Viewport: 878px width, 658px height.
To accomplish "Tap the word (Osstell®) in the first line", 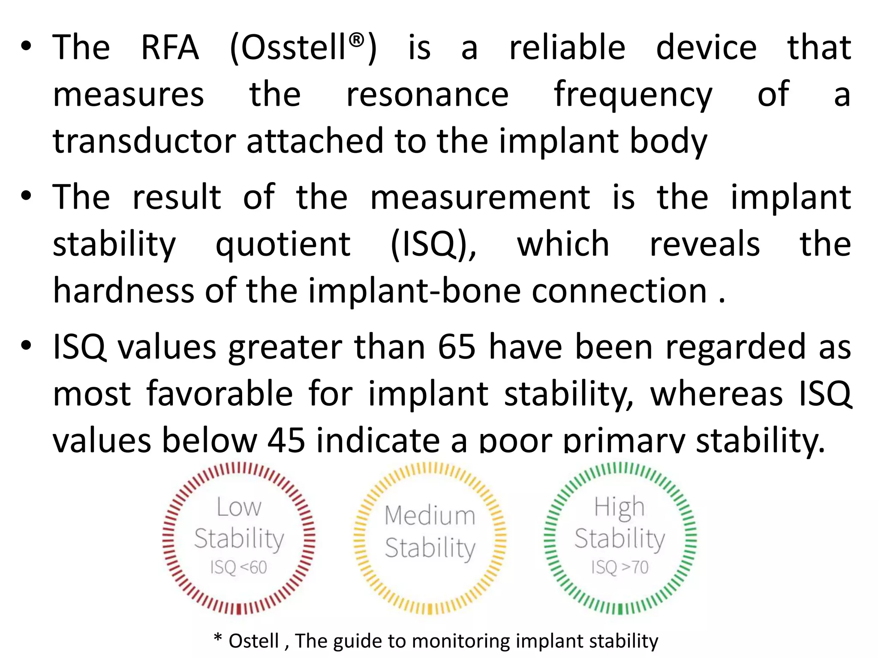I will pos(303,48).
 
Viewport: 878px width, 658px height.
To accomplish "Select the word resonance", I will pos(427,95).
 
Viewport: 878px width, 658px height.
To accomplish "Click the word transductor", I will pos(144,141).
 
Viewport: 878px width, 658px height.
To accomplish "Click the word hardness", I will pos(123,291).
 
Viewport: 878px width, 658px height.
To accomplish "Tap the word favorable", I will pos(219,394).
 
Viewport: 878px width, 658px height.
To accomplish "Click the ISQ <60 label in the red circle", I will pos(238,568).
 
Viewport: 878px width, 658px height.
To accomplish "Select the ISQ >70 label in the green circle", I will pos(620,568).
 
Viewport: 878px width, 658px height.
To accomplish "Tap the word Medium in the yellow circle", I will pos(430,515).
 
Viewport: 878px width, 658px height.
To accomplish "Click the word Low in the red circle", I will pos(239,508).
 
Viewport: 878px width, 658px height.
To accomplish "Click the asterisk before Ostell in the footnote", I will pos(218,638).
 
